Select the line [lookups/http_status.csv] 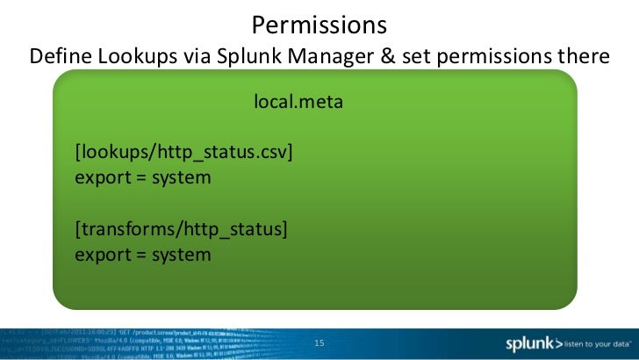[183, 153]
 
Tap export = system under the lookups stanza [143, 177]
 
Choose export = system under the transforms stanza [143, 255]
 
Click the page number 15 [319, 342]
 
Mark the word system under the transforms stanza [179, 255]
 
